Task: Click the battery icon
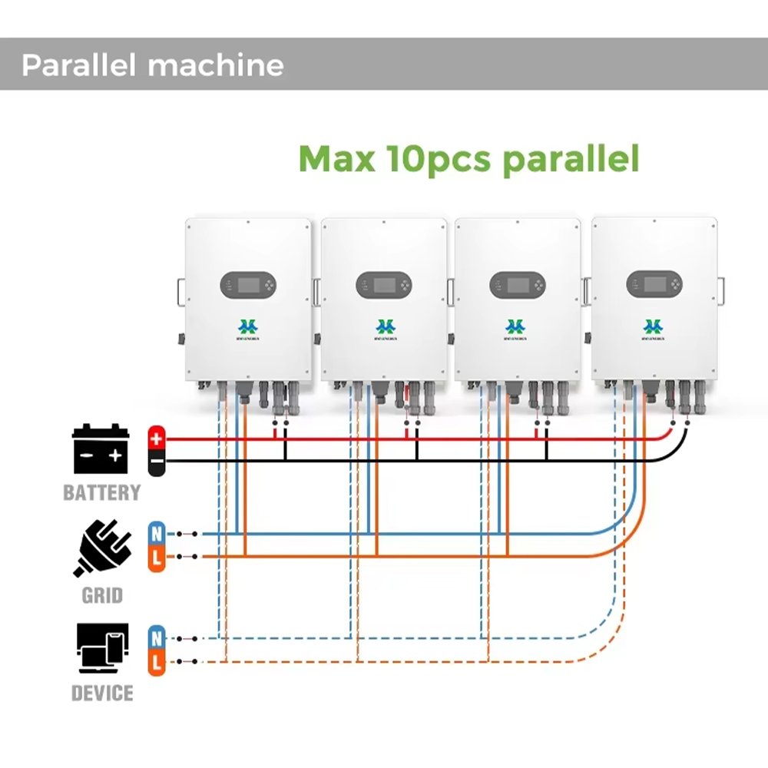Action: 101,449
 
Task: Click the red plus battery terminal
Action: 157,439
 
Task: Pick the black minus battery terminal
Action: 157,462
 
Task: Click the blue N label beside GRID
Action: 157,533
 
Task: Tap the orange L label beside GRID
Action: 157,557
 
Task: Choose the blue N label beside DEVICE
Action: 157,638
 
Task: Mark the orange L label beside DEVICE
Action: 157,662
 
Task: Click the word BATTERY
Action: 101,492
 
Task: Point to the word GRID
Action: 102,594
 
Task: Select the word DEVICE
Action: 102,694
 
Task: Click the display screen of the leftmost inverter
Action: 245,286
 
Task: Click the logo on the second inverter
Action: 383,328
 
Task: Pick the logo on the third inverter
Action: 517,328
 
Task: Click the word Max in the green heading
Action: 336,158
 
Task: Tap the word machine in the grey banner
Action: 216,65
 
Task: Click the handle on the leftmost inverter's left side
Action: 180,291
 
